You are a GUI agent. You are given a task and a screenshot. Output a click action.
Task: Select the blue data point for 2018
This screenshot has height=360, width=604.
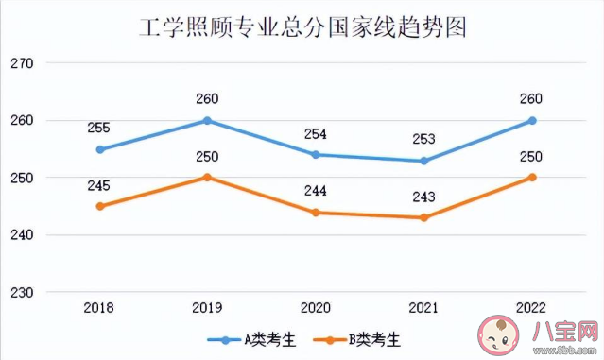[x=99, y=149]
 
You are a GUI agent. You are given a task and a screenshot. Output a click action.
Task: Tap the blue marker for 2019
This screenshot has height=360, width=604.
[x=208, y=121]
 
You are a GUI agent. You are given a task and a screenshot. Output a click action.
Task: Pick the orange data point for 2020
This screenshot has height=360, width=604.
[x=316, y=213]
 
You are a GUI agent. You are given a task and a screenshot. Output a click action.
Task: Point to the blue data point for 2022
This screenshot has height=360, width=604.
[x=532, y=121]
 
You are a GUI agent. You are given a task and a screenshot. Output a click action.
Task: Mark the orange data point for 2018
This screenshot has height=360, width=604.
[x=99, y=206]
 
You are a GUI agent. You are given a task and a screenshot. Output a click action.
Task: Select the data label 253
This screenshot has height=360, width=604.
[x=424, y=139]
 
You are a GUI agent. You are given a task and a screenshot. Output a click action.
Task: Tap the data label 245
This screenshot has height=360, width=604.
[x=99, y=184]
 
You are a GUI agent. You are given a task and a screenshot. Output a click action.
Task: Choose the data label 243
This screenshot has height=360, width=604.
[x=424, y=197]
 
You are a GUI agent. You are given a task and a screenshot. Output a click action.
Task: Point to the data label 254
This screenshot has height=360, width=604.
[x=316, y=134]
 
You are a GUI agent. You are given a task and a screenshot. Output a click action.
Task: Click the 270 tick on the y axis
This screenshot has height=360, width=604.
[x=22, y=63]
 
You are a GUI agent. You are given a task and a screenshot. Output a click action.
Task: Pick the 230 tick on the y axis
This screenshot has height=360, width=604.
[x=22, y=292]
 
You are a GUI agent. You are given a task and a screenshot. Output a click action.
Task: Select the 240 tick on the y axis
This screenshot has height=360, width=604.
[x=22, y=234]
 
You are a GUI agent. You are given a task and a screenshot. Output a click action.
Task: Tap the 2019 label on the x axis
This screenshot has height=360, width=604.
[x=208, y=309]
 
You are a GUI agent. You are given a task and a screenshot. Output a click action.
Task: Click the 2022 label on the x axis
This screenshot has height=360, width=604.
[x=532, y=309]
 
